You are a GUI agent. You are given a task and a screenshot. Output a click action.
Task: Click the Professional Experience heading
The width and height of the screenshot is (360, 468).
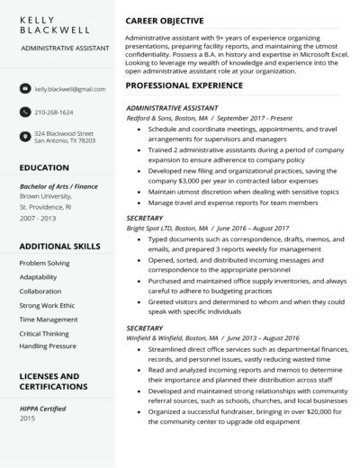184,85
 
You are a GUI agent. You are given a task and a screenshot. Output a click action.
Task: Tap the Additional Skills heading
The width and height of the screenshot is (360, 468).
58,245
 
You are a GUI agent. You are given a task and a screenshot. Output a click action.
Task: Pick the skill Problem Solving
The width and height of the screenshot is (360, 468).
44,262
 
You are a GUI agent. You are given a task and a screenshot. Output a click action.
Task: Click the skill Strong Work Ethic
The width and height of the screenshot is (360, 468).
48,305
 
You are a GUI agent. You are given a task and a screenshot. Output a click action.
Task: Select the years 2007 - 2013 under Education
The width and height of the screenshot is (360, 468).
37,217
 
